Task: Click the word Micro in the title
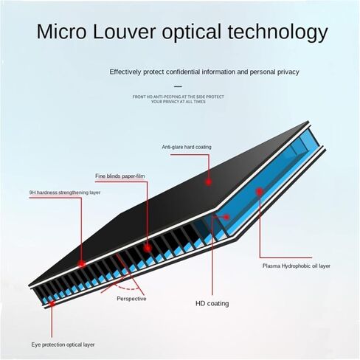pyautogui.click(x=61, y=32)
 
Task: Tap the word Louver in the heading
pyautogui.click(x=124, y=32)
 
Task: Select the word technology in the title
pyautogui.click(x=278, y=33)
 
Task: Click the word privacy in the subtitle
pyautogui.click(x=288, y=72)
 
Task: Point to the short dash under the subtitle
pyautogui.click(x=178, y=86)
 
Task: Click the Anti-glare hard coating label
pyautogui.click(x=187, y=147)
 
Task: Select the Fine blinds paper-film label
pyautogui.click(x=120, y=176)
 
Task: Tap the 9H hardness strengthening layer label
pyautogui.click(x=65, y=193)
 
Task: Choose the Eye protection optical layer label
pyautogui.click(x=63, y=345)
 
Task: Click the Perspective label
pyautogui.click(x=131, y=299)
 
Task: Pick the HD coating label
pyautogui.click(x=212, y=303)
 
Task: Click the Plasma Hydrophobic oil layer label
pyautogui.click(x=297, y=266)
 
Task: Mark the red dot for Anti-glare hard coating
pyautogui.click(x=209, y=182)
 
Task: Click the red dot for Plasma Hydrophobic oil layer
pyautogui.click(x=260, y=192)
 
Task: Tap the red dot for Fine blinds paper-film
pyautogui.click(x=148, y=249)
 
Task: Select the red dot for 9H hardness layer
pyautogui.click(x=81, y=264)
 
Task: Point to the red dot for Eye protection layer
pyautogui.click(x=52, y=303)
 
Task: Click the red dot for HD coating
pyautogui.click(x=226, y=217)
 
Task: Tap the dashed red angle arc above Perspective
pyautogui.click(x=127, y=288)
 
